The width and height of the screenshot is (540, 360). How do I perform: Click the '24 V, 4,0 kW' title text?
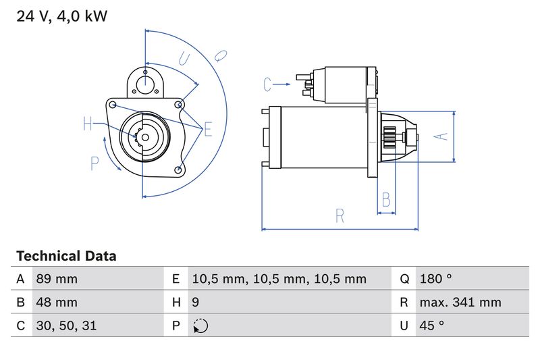click(61, 16)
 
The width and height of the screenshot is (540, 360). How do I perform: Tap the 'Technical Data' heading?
click(65, 257)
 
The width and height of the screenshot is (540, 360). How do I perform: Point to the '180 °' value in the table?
click(435, 279)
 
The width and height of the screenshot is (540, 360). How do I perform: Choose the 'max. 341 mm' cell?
click(460, 302)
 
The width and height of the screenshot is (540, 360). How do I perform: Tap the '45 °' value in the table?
click(431, 326)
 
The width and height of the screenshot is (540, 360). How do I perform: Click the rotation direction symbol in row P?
click(200, 326)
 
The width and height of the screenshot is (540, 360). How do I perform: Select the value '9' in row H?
click(196, 302)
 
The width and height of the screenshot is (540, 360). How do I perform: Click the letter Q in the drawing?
click(221, 55)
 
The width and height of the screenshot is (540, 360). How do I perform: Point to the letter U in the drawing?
click(184, 59)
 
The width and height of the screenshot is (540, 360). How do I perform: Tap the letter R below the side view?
click(340, 216)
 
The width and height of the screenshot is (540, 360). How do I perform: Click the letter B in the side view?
click(386, 200)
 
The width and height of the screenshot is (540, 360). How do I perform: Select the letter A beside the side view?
click(440, 136)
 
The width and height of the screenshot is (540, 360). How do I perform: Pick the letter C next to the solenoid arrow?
click(267, 84)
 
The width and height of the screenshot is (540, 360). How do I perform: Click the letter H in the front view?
click(88, 124)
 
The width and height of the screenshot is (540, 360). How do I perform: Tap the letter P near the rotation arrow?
click(94, 163)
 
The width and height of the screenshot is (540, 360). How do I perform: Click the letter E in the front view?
click(207, 128)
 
